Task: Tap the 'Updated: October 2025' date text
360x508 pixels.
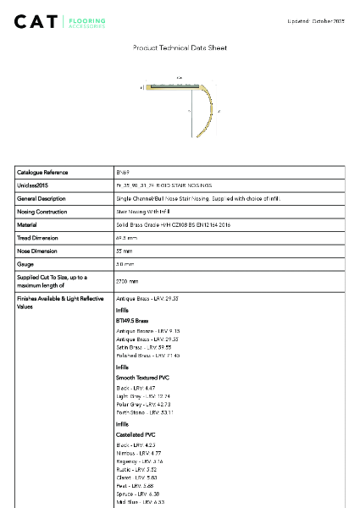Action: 317,20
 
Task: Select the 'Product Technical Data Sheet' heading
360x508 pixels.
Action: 180,48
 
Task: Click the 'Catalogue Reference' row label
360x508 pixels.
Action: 42,172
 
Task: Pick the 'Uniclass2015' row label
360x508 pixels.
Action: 35,185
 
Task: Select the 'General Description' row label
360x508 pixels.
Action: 42,198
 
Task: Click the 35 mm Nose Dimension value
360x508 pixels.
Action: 125,251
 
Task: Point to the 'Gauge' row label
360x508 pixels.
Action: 25,265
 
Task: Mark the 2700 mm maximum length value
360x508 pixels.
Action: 127,281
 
